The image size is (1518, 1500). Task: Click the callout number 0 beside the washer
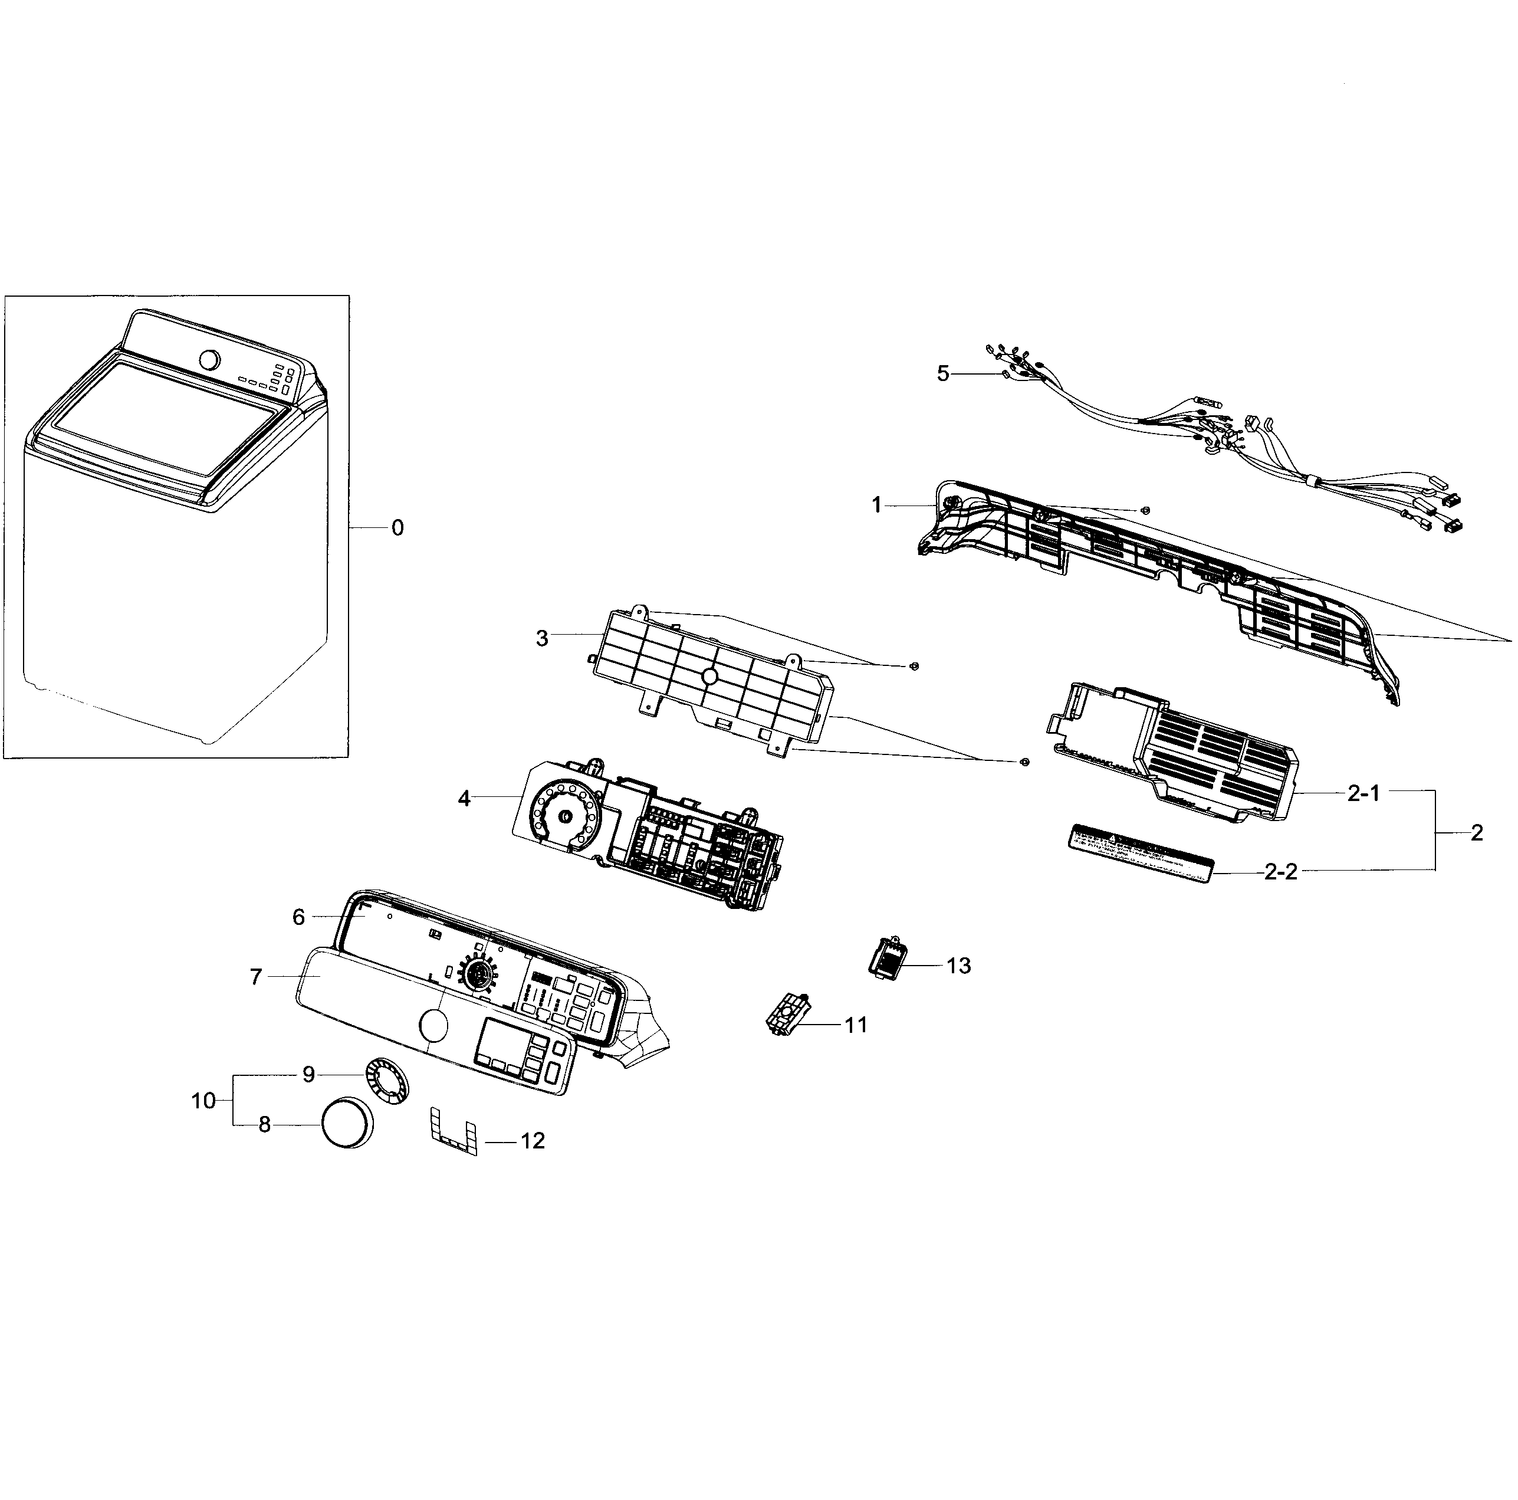click(397, 528)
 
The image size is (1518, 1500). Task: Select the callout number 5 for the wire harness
click(943, 374)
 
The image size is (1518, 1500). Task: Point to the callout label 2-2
click(1281, 872)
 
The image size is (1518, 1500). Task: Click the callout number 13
click(958, 966)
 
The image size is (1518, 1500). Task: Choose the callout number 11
click(855, 1025)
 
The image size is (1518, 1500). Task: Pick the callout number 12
click(533, 1141)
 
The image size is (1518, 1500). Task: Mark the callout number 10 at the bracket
click(203, 1101)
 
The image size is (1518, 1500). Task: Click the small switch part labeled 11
click(787, 1020)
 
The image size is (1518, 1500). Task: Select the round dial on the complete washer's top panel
click(209, 360)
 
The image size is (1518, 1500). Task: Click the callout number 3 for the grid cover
click(542, 639)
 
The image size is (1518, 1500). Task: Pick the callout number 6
click(298, 917)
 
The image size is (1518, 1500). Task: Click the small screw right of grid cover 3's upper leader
click(913, 667)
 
